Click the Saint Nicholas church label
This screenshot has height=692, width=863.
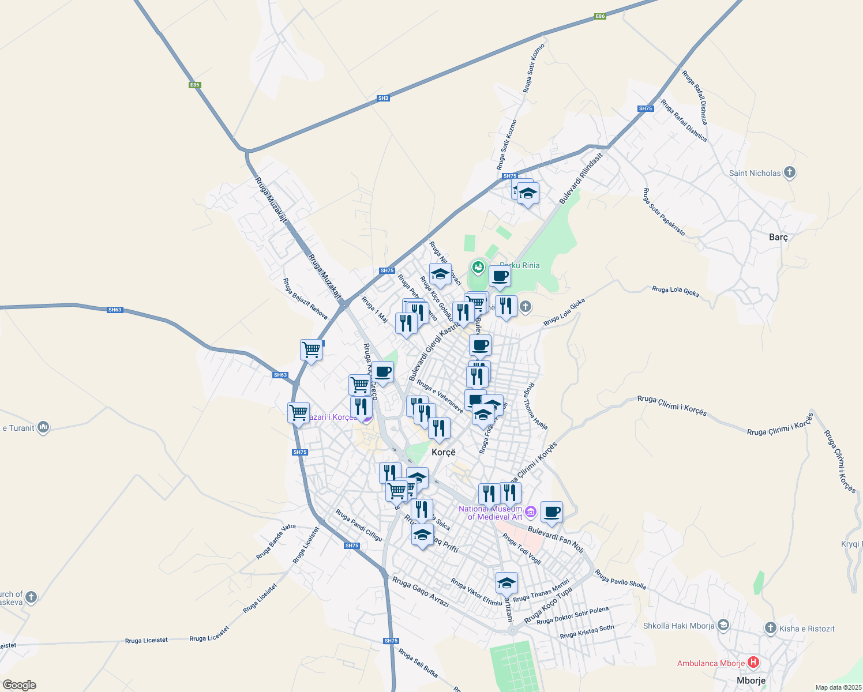click(x=755, y=173)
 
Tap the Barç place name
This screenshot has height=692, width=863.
click(x=778, y=237)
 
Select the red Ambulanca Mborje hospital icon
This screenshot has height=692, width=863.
click(x=753, y=663)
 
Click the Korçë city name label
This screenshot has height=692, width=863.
click(x=444, y=452)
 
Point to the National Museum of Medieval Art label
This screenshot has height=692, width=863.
click(x=490, y=513)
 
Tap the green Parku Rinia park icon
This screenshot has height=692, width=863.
click(x=478, y=266)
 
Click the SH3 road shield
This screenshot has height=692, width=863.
click(x=383, y=98)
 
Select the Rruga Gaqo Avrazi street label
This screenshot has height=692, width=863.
click(x=421, y=591)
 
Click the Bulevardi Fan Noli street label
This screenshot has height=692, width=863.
click(x=556, y=540)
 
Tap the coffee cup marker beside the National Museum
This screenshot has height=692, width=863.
click(x=551, y=512)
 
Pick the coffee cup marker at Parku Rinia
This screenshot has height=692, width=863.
click(x=500, y=276)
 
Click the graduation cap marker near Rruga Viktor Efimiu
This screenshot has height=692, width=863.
click(x=506, y=583)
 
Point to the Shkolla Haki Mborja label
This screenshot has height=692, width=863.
click(x=679, y=626)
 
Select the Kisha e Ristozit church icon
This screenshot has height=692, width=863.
click(x=770, y=628)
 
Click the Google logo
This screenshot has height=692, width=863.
click(x=19, y=685)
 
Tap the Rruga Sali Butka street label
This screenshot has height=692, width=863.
click(x=418, y=663)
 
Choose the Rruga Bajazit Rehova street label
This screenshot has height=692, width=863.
click(x=305, y=299)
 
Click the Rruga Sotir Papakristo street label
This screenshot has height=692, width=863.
click(x=664, y=212)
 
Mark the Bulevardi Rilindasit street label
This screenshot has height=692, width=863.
click(x=581, y=178)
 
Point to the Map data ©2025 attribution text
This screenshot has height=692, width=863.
click(x=838, y=687)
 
